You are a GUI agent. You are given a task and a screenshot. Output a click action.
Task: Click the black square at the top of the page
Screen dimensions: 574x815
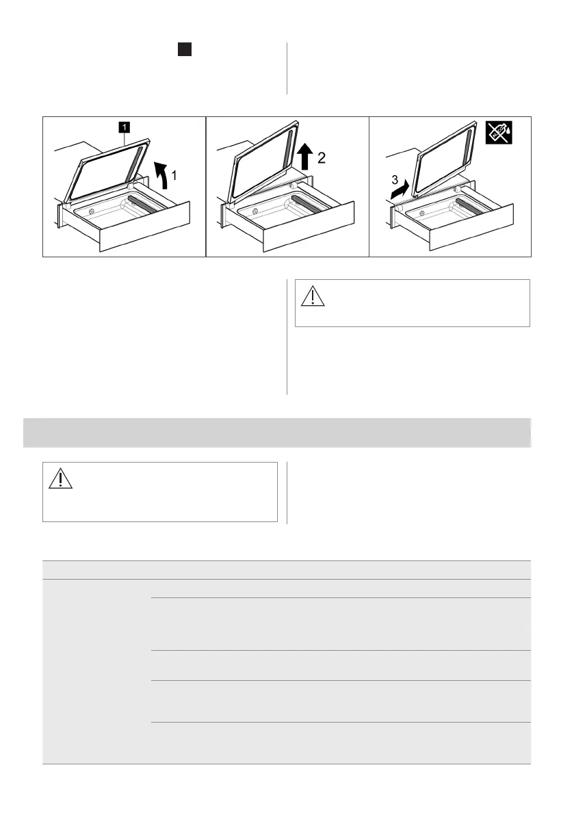185,49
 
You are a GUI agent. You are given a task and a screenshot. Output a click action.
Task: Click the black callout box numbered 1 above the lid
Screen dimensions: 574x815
124,127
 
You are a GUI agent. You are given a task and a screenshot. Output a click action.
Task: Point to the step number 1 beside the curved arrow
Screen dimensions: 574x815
174,176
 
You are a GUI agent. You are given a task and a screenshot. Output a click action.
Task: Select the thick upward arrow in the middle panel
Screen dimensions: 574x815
306,157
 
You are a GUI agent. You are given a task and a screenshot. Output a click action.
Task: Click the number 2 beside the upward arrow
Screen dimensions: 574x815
322,157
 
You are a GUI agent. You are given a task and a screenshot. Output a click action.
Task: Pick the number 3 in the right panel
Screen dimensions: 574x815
395,180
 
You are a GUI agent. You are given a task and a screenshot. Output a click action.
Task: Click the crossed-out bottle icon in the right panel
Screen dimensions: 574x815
499,133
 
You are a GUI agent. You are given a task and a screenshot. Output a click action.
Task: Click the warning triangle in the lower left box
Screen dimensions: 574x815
60,478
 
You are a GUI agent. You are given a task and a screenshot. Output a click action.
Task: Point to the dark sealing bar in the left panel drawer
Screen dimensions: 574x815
142,204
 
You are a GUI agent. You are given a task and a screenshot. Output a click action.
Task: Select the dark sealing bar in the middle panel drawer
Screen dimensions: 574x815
306,204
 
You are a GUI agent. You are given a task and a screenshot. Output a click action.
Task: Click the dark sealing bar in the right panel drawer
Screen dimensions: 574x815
471,206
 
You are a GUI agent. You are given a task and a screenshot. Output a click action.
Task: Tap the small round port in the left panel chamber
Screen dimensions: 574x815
92,211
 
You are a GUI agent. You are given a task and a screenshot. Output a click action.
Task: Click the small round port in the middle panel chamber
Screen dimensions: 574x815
255,211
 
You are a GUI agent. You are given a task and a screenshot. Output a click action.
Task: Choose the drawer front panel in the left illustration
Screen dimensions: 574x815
144,227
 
